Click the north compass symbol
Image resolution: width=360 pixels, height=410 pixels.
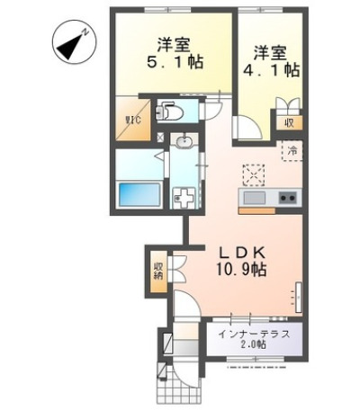point(74,41)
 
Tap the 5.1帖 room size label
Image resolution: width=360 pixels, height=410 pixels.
point(175,62)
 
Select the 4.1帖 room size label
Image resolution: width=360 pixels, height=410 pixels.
point(271,70)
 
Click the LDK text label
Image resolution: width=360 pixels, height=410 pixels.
point(242,254)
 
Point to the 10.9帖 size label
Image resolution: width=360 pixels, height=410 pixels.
point(241,270)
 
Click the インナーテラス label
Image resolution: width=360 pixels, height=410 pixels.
point(254,334)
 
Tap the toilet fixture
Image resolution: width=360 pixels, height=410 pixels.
point(169,111)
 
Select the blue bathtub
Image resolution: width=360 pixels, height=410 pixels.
point(139,194)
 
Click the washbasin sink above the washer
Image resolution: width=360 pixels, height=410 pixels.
point(184,142)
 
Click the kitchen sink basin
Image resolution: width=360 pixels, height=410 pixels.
point(255,198)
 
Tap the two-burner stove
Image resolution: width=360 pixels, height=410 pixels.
point(288,198)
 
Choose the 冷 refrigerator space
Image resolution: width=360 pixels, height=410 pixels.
point(292,151)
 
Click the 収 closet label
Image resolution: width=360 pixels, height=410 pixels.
point(289,123)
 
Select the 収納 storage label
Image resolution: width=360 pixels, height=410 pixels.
point(158,271)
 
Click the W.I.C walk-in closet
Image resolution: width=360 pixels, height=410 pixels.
point(133,119)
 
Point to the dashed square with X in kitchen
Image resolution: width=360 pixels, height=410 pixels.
point(254,175)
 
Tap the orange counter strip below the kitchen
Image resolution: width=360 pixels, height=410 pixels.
point(256,211)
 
